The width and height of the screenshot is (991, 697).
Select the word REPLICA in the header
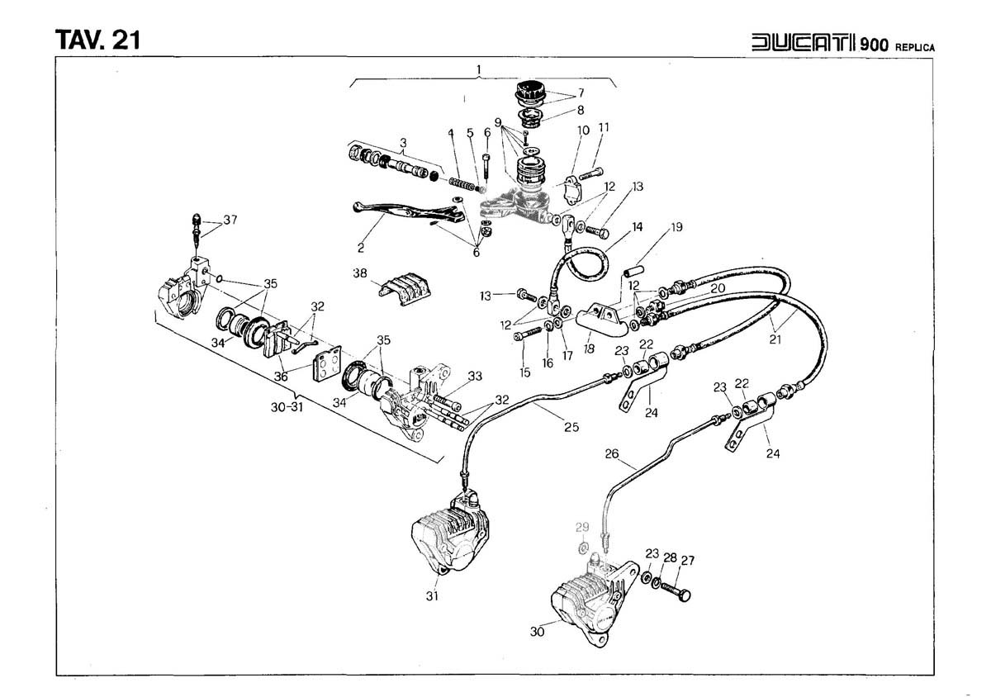point(913,47)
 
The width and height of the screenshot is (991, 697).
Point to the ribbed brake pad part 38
point(402,289)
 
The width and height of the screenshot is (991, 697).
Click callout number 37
point(230,220)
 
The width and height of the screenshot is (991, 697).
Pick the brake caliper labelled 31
point(450,537)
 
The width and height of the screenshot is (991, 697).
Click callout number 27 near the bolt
point(687,561)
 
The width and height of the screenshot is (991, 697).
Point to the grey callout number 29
point(582,528)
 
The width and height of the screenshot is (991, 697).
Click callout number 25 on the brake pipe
point(571,428)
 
